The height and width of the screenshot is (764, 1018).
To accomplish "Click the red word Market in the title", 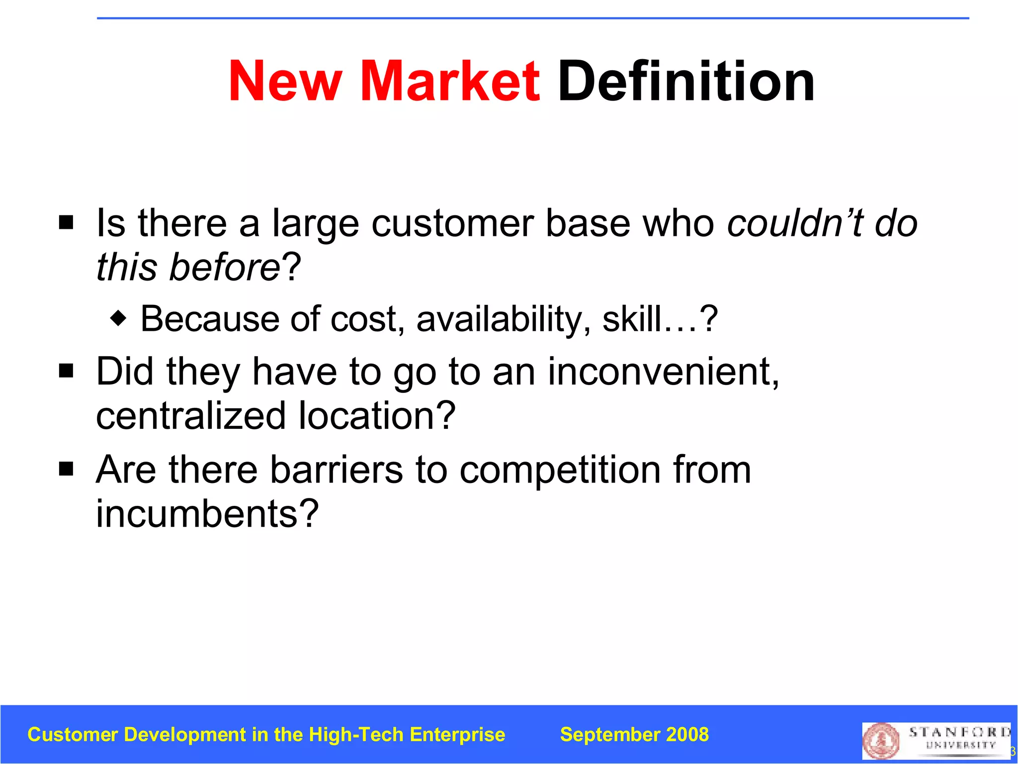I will [450, 81].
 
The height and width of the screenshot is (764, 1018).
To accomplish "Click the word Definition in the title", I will [686, 81].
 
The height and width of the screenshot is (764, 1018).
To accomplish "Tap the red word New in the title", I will [285, 81].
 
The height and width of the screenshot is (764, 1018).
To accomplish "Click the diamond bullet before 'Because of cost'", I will [118, 318].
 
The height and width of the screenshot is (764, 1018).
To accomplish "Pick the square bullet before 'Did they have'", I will [66, 371].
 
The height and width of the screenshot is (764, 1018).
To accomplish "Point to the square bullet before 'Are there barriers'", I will [66, 469].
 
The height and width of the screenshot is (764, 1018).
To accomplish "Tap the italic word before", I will [225, 267].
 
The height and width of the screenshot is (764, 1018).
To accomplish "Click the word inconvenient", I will [663, 372].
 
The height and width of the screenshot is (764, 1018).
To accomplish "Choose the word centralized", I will [191, 416].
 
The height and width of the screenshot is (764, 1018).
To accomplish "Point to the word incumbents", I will [207, 513].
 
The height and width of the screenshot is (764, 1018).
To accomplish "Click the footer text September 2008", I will [634, 735].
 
